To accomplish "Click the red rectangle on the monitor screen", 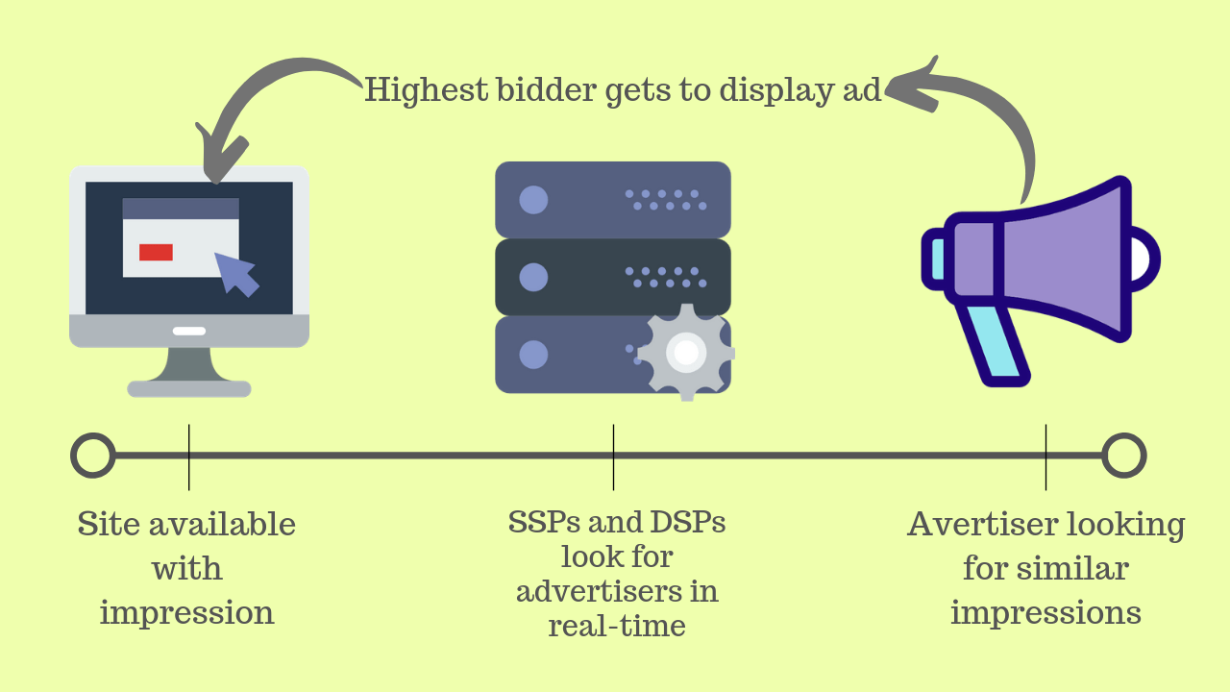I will [156, 252].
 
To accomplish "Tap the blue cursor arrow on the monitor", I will [234, 272].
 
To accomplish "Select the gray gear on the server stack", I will [685, 353].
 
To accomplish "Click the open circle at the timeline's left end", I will [93, 456].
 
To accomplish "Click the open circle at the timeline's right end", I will [1123, 456].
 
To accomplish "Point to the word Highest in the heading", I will [426, 90].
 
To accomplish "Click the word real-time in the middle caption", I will [617, 626].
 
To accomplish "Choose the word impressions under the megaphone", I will [1045, 612].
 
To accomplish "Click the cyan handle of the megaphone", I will [995, 345].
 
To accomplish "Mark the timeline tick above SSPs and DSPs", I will [613, 457].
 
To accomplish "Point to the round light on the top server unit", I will [533, 200].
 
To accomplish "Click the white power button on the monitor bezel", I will [189, 331].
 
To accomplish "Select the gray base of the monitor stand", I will [189, 389].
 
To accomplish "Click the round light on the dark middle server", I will [533, 278].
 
